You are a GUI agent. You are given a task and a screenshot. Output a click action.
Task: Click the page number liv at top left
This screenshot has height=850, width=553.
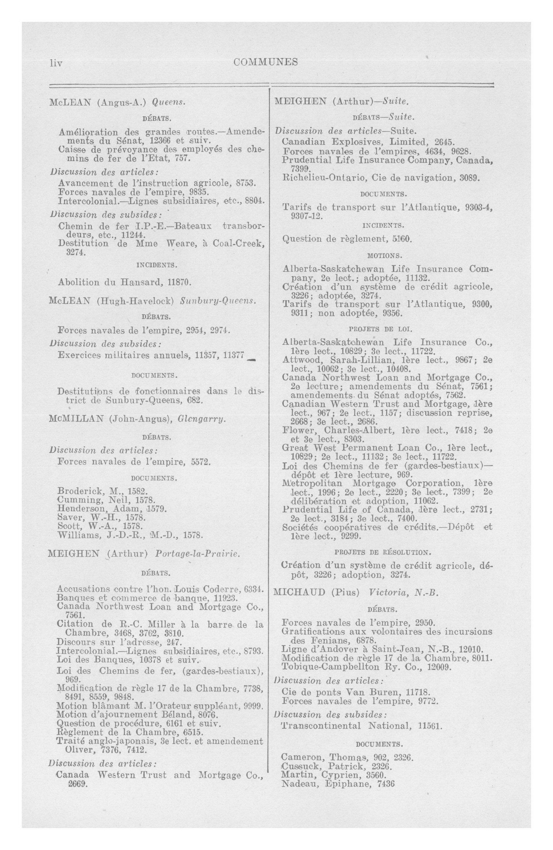tap(56, 63)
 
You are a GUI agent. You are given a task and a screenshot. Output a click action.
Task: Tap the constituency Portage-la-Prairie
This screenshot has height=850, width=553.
tap(196, 554)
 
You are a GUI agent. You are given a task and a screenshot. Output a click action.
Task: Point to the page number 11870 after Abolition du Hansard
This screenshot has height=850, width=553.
tap(180, 282)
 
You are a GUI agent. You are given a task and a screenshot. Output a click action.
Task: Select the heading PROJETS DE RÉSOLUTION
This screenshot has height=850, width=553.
tap(382, 552)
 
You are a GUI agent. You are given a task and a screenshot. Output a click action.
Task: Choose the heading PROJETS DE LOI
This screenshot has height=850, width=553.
tap(381, 329)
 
